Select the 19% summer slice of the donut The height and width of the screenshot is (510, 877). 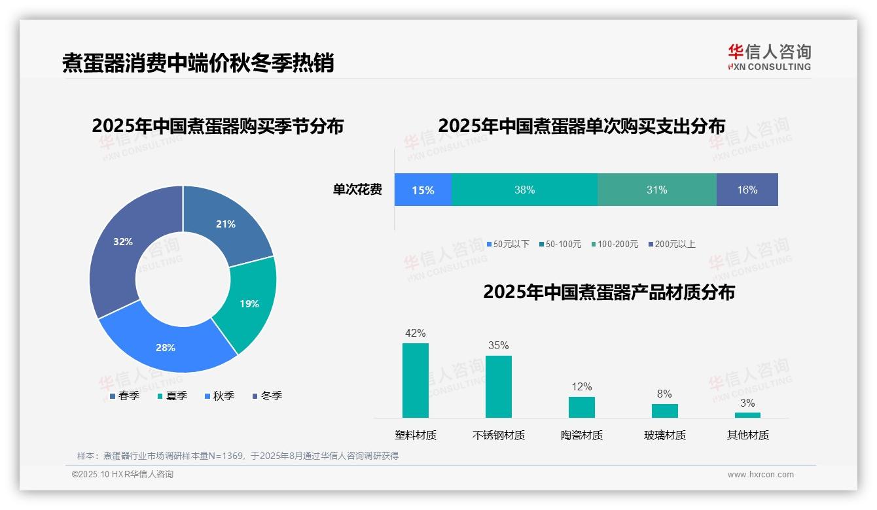pos(249,303)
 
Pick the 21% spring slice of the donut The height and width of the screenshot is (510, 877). pos(226,224)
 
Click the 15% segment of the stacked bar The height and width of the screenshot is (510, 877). pos(423,190)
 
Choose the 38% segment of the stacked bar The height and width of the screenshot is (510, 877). pos(524,190)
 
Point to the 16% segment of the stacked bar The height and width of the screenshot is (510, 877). pos(747,190)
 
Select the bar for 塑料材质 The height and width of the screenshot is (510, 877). pos(415,380)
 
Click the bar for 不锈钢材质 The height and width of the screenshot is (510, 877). pos(498,386)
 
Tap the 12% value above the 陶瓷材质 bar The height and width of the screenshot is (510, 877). pos(581,386)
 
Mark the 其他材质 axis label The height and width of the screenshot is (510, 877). pos(747,435)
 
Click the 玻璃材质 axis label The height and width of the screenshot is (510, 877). pos(664,435)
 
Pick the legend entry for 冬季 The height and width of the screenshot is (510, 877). pos(268,396)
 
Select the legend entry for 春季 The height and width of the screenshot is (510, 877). pos(125,396)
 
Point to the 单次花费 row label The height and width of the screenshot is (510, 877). pos(357,190)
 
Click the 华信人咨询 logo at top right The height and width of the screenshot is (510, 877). pos(769,57)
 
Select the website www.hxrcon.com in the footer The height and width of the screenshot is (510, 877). pos(761,475)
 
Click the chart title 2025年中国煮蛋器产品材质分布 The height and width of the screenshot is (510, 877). pos(609,292)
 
